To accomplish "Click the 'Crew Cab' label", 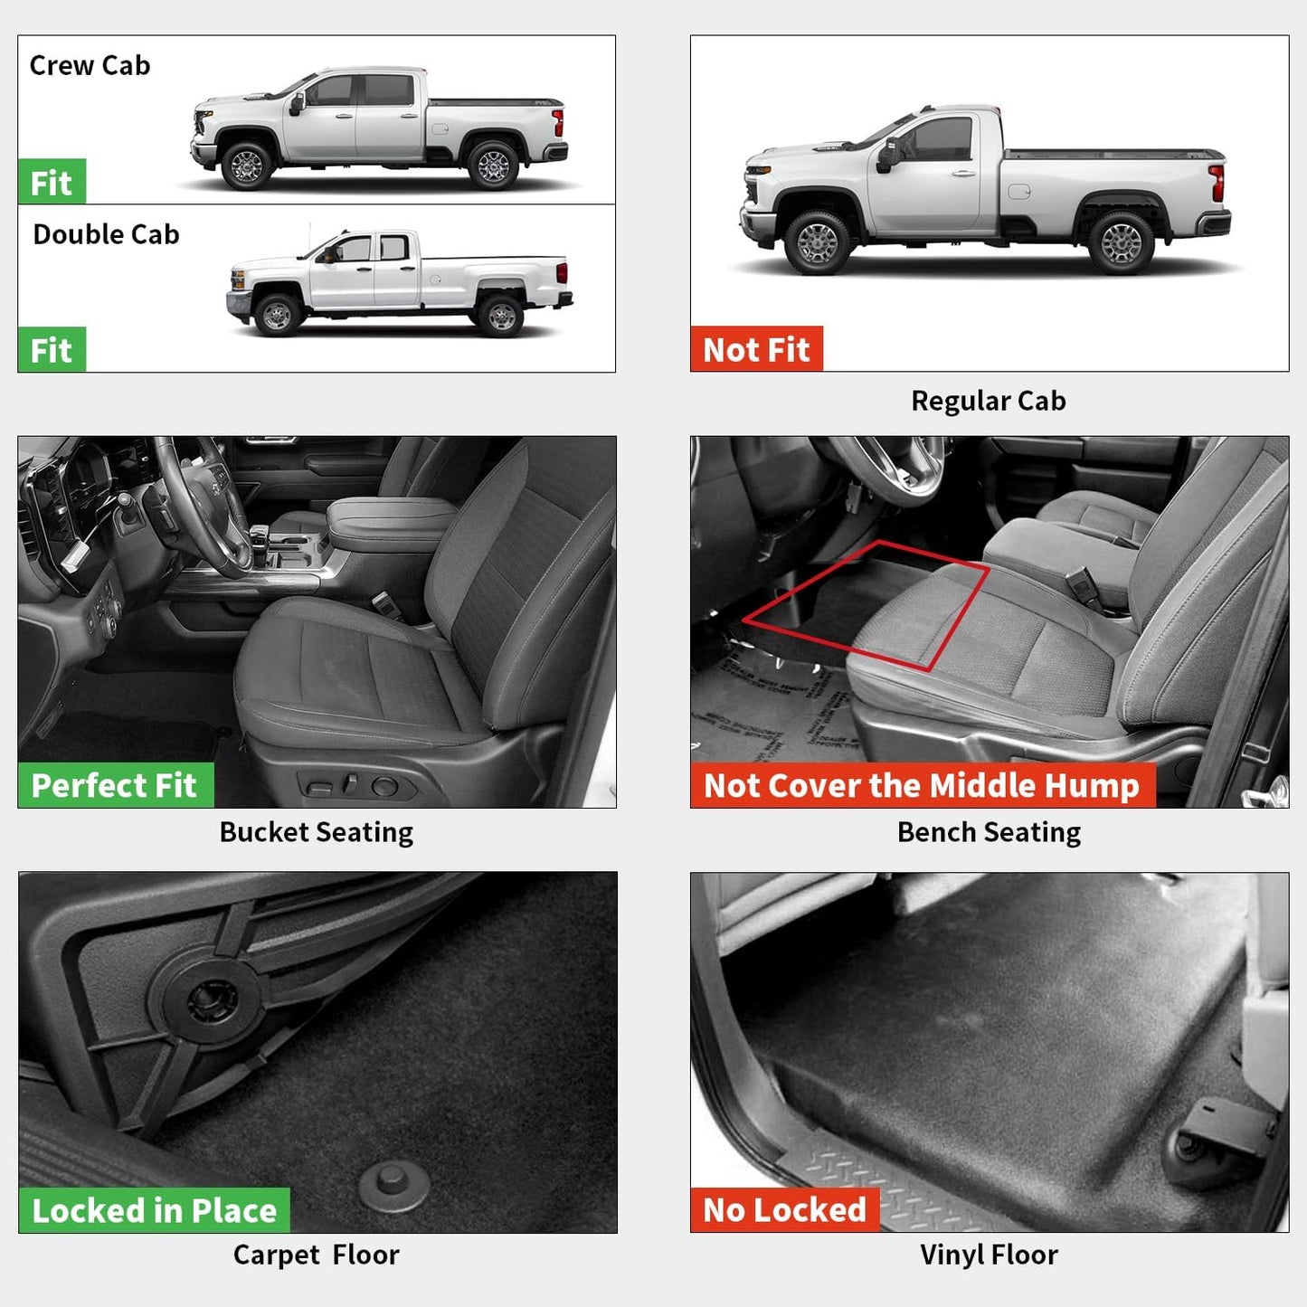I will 90,66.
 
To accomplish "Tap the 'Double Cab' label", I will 106,235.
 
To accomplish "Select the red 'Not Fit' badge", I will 756,349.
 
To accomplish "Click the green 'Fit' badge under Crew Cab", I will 52,183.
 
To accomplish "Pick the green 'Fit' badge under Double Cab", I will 52,350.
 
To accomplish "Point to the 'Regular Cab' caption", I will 988,401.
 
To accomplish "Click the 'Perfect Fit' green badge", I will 115,785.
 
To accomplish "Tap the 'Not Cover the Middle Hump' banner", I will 922,785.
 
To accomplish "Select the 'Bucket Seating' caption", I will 316,832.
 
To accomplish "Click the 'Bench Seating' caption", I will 989,832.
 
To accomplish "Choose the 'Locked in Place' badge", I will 154,1210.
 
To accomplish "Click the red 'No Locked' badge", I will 784,1210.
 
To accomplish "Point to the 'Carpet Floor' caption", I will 316,1255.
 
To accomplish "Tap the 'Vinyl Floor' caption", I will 989,1255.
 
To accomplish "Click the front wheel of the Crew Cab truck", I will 246,166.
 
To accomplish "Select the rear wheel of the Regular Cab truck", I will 1121,242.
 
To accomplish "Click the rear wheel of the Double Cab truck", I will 500,317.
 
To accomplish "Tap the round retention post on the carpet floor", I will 393,1183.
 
